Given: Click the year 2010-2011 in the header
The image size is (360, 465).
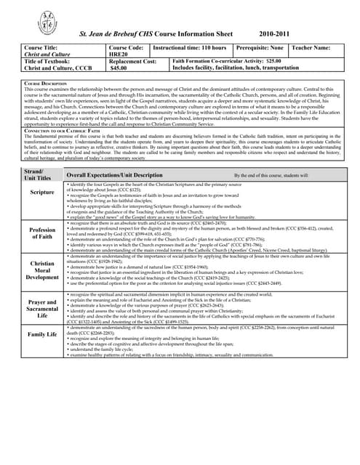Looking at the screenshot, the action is [279, 35].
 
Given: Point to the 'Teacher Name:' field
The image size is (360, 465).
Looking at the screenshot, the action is [311, 47].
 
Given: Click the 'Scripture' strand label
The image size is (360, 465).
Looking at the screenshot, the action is [42, 193].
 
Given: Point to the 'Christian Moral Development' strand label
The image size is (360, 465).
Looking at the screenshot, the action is [42, 270].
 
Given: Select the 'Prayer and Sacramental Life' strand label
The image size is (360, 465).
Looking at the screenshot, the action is [42, 309].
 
